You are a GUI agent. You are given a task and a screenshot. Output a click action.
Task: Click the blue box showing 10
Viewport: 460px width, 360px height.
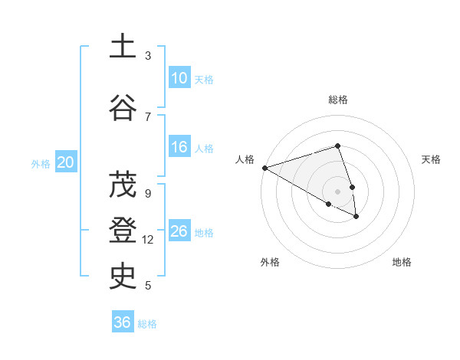pyautogui.click(x=179, y=78)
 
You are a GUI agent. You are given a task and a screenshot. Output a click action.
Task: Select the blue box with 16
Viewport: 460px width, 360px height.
pyautogui.click(x=179, y=147)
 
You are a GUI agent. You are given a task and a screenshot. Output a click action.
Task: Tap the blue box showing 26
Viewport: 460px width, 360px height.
pyautogui.click(x=179, y=232)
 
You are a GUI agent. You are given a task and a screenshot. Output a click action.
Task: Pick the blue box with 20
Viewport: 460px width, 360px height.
pyautogui.click(x=66, y=162)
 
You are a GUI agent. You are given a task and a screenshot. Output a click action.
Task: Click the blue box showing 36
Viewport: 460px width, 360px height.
pyautogui.click(x=122, y=322)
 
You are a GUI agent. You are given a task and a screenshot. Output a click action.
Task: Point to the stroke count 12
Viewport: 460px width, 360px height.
pyautogui.click(x=148, y=240)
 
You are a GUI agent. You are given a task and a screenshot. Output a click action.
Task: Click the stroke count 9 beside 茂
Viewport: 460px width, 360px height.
pyautogui.click(x=148, y=193)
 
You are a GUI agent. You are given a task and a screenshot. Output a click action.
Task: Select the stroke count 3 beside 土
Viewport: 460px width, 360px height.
pyautogui.click(x=148, y=56)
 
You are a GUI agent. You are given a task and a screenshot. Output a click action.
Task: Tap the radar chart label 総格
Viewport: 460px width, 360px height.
pyautogui.click(x=337, y=100)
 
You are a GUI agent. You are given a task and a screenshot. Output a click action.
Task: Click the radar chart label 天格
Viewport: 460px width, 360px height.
pyautogui.click(x=431, y=159)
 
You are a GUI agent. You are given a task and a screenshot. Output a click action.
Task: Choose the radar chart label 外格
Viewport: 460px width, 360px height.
pyautogui.click(x=270, y=262)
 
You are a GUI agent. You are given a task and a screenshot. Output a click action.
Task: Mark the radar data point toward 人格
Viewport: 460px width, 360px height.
pyautogui.click(x=264, y=168)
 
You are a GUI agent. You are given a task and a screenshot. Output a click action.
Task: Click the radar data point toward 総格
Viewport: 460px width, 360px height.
pyautogui.click(x=337, y=146)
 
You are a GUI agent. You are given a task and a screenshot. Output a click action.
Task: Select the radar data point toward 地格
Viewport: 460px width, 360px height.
pyautogui.click(x=356, y=217)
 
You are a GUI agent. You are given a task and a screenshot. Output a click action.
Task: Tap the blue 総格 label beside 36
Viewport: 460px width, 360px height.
pyautogui.click(x=147, y=324)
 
